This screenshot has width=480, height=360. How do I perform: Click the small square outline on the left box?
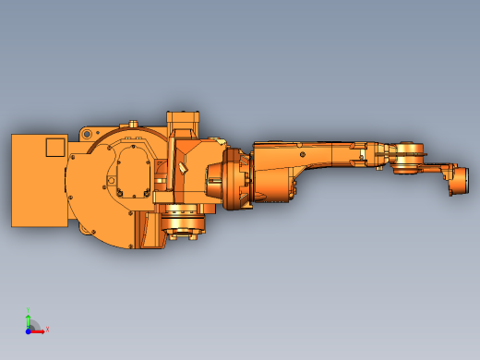point(55,146)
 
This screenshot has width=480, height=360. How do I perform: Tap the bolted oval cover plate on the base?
point(134,171)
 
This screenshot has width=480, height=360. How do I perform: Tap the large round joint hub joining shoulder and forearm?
point(229,183)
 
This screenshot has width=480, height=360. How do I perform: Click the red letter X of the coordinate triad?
point(47,329)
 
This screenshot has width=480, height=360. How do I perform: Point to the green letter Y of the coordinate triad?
point(29,310)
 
